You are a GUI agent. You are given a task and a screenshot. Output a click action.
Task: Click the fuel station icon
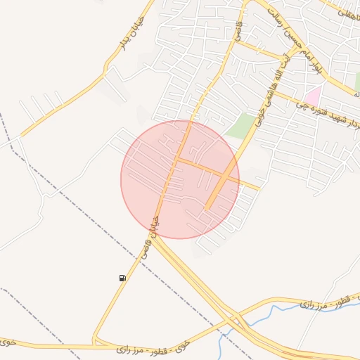(123, 278)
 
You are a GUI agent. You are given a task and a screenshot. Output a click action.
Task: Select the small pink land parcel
(312, 96)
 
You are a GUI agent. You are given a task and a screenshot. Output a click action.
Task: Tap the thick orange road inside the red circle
(219, 188)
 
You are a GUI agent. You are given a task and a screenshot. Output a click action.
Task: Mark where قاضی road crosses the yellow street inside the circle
(176, 160)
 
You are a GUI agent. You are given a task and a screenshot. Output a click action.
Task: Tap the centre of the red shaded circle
(180, 179)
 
